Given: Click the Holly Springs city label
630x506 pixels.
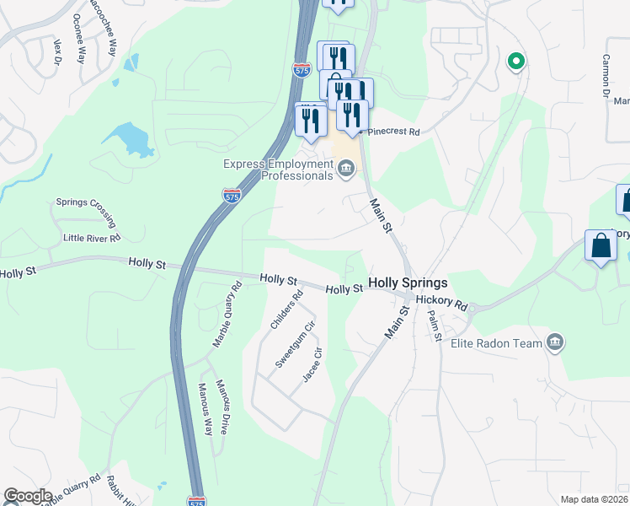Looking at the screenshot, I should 408,283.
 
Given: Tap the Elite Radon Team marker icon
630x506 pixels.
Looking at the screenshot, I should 555,342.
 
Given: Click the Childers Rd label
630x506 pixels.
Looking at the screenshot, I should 286,310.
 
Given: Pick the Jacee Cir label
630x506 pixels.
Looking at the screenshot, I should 312,365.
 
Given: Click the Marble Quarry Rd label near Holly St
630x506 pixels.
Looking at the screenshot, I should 227,315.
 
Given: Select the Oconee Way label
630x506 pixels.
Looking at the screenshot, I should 79,39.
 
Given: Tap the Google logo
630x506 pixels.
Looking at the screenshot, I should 28,496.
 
